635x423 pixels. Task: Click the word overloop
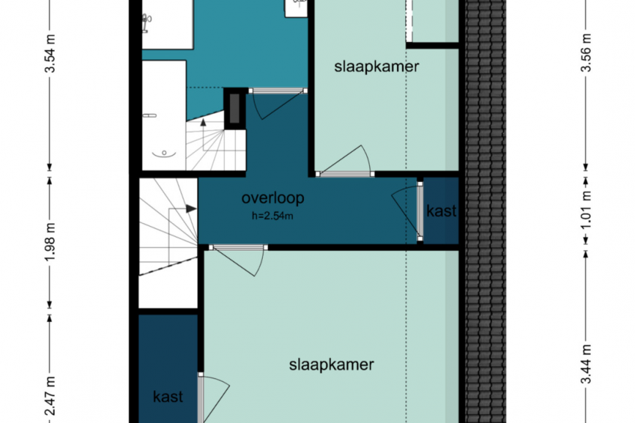pyautogui.click(x=273, y=198)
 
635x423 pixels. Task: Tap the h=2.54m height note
pyautogui.click(x=272, y=216)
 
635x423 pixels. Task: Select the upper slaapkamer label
pyautogui.click(x=376, y=67)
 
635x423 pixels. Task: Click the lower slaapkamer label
pyautogui.click(x=331, y=365)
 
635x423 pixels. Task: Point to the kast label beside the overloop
pyautogui.click(x=441, y=211)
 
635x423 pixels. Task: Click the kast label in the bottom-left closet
pyautogui.click(x=168, y=397)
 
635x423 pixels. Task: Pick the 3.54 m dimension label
pyautogui.click(x=50, y=53)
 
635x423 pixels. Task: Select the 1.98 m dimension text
pyautogui.click(x=50, y=242)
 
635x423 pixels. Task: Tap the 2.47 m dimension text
pyautogui.click(x=50, y=396)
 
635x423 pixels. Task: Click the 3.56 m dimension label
pyautogui.click(x=586, y=52)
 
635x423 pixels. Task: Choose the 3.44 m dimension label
pyautogui.click(x=586, y=364)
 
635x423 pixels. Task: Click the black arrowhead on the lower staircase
pyautogui.click(x=191, y=209)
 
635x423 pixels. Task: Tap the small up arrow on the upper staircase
pyautogui.click(x=203, y=122)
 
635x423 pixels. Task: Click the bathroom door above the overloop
pyautogui.click(x=278, y=103)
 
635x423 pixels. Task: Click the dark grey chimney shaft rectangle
pyautogui.click(x=234, y=109)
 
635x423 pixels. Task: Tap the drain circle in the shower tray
pyautogui.click(x=164, y=153)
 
